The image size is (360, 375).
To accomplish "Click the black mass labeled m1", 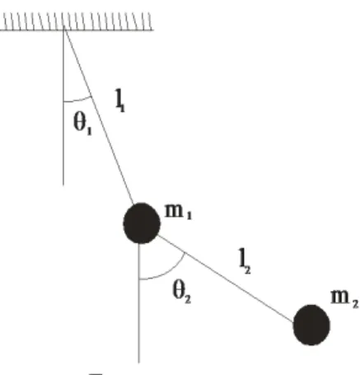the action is coord(142,223).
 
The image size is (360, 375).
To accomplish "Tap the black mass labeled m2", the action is coord(311,325).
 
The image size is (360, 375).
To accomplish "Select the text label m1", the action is coord(178,212).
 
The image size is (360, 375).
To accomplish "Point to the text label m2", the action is coord(344,298).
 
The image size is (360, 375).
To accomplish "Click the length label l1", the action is coord(120,101).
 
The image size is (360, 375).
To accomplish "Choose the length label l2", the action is coord(245,261).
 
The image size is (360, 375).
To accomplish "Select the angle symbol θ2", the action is coord(181,293).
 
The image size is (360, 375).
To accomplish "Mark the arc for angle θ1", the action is coord(78,101).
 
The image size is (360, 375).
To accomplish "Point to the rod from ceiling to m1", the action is coord(99,116).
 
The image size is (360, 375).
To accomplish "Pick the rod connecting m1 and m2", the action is coord(226,278).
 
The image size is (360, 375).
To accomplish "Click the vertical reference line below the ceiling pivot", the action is coord(63,107).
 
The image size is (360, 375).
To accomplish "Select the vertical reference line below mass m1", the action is coord(139,303).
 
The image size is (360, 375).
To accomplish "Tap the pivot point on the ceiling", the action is coord(64,30).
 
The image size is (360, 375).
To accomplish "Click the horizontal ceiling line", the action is coord(77,30).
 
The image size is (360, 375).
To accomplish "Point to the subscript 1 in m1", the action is coord(189,216).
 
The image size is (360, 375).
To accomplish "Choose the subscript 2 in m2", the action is coord(355,304).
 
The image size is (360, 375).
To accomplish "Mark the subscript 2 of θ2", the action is coord(188,299).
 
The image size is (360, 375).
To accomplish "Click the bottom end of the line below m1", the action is coord(139,363).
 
